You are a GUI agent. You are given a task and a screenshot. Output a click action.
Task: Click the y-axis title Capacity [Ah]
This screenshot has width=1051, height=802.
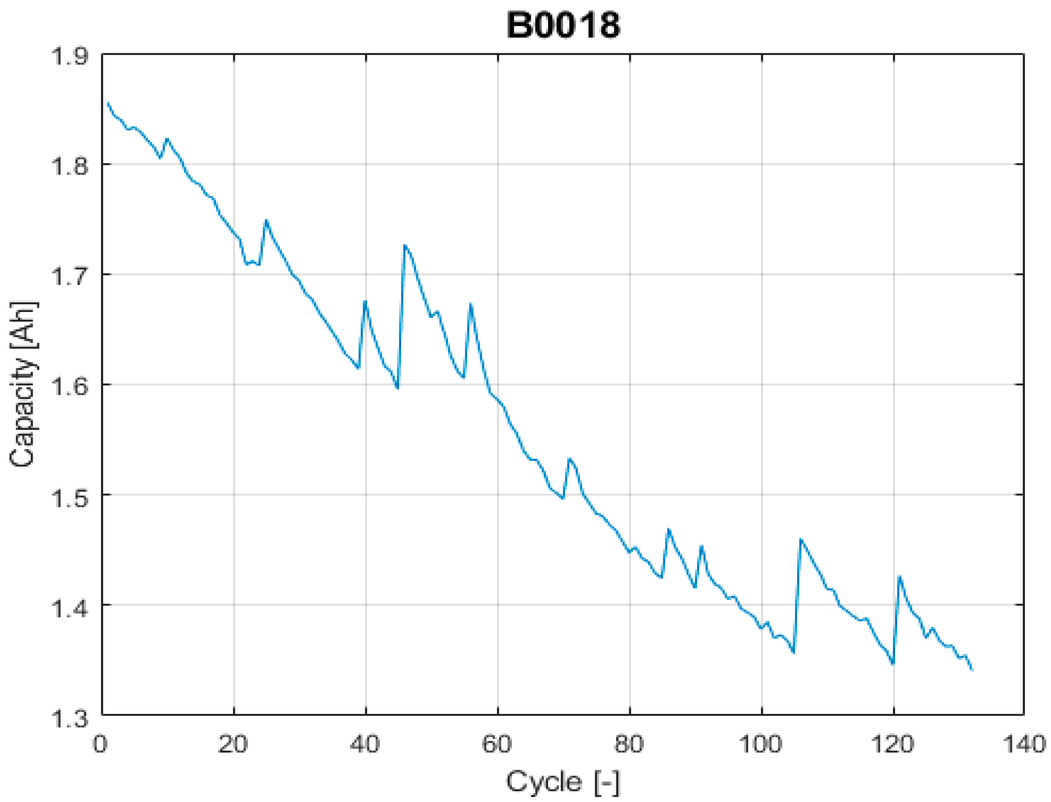22,384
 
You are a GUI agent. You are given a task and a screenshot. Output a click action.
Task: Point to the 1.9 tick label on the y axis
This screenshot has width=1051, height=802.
70,56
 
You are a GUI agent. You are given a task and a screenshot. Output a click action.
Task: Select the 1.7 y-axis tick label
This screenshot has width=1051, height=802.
70,275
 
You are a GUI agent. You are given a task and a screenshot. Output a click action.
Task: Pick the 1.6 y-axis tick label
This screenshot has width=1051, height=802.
70,385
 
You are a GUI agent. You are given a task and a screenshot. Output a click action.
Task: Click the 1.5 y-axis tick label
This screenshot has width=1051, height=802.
70,496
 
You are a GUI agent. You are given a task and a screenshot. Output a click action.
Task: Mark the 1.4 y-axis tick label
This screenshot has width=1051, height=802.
70,606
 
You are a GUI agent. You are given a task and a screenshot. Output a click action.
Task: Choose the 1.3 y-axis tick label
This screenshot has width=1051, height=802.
70,716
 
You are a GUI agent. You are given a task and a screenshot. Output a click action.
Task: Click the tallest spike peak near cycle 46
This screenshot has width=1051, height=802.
405,246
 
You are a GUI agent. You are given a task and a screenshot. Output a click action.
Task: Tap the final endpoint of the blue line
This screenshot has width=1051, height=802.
972,670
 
